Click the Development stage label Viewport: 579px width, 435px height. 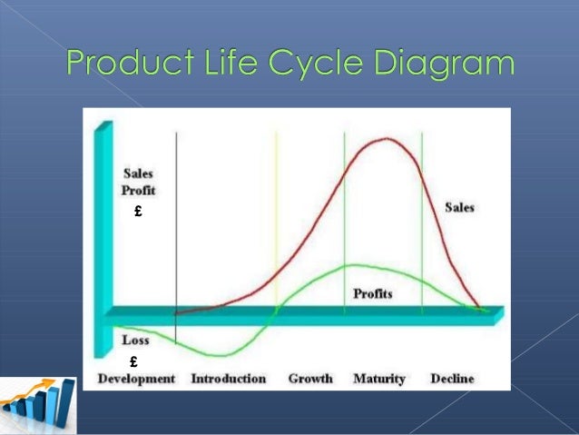click(x=136, y=379)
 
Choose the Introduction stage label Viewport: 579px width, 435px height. click(x=228, y=379)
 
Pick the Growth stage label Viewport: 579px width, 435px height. click(x=310, y=379)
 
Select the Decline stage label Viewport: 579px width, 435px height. click(x=452, y=379)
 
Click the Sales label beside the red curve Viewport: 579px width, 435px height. click(x=460, y=208)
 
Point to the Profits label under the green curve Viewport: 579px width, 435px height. click(x=373, y=294)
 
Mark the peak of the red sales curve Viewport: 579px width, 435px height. click(x=387, y=139)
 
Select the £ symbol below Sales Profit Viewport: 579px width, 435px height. click(x=136, y=213)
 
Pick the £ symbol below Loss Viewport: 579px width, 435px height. click(x=133, y=361)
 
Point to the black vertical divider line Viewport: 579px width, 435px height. click(x=175, y=227)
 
